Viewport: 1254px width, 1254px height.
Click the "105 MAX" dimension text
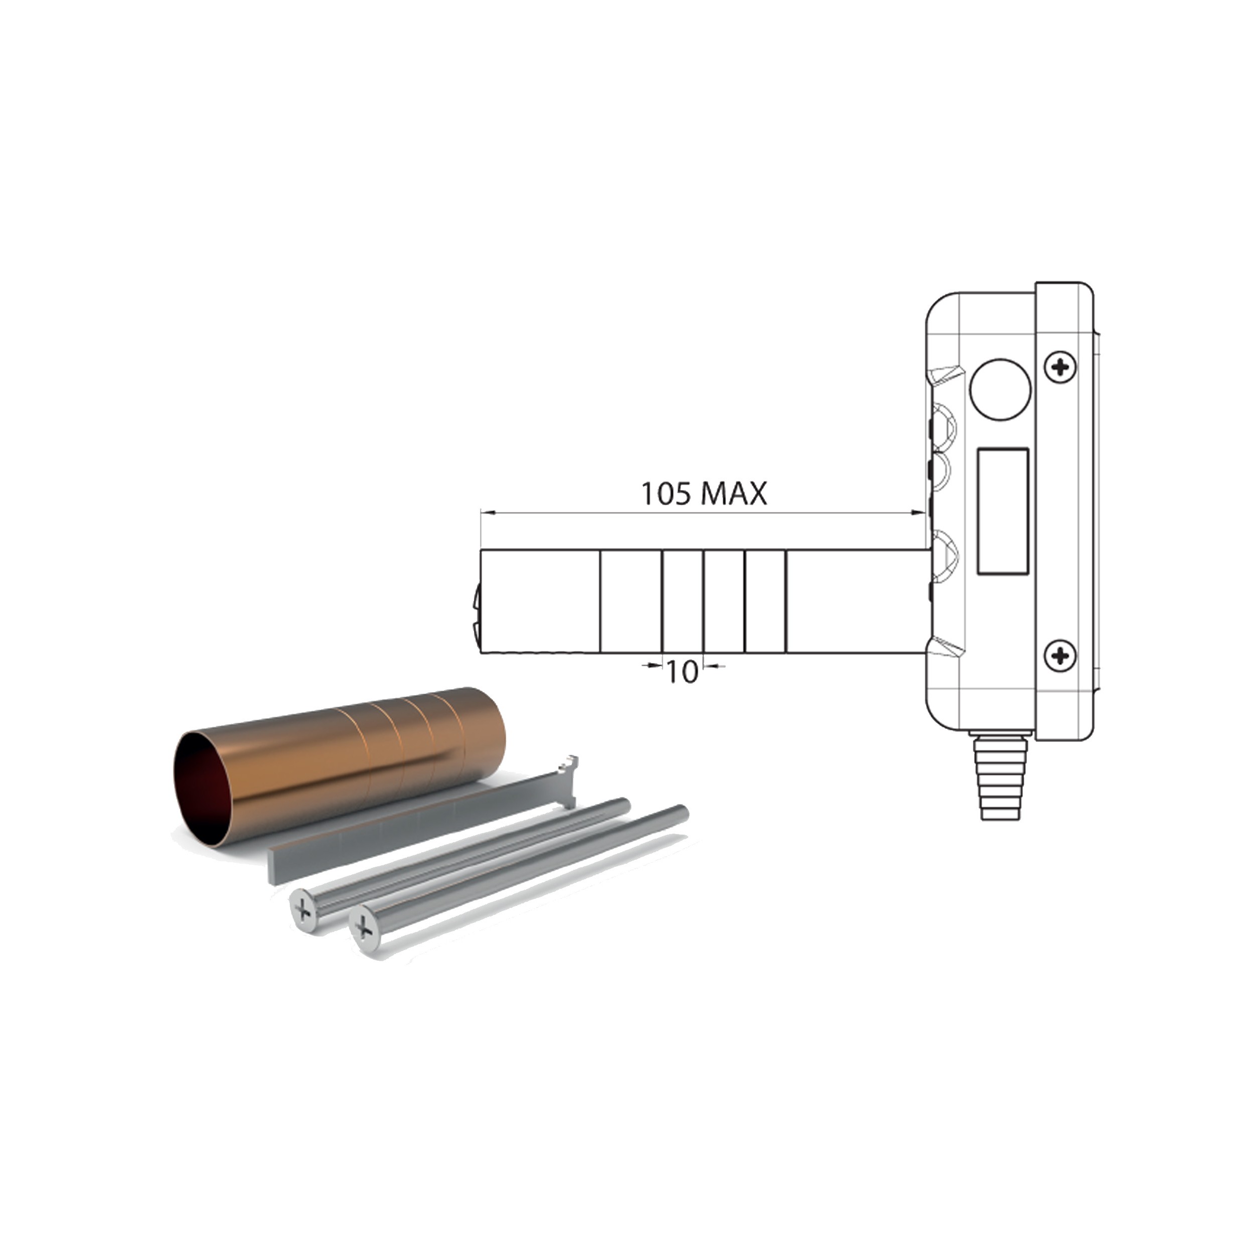coord(704,495)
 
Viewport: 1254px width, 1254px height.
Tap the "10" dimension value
coord(682,673)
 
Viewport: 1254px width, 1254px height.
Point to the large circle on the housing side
coord(1000,390)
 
